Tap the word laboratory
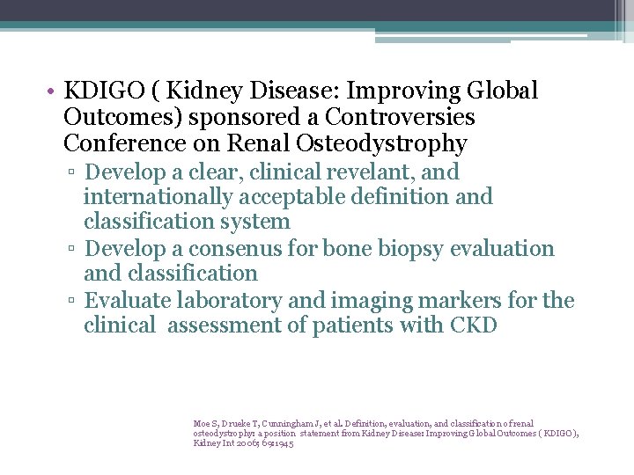tap(232, 301)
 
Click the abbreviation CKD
tap(473, 325)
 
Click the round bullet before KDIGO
tap(53, 91)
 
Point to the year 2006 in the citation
tap(235, 442)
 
